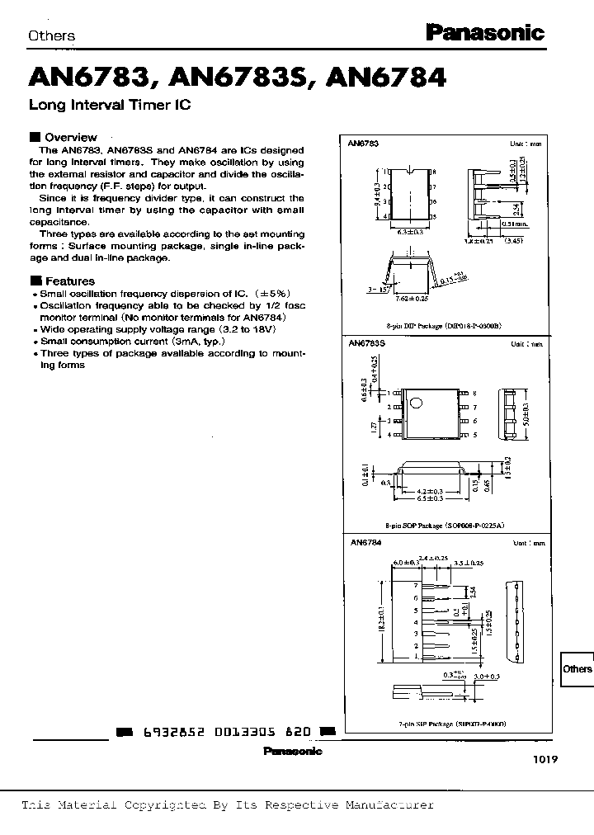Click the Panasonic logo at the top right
coord(484,33)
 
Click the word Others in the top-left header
coord(51,35)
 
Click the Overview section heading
coord(70,137)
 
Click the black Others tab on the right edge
coord(577,668)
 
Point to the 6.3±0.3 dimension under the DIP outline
coord(410,233)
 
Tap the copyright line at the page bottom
coord(227,804)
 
